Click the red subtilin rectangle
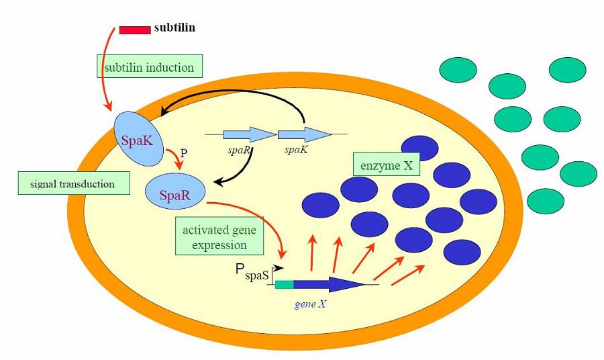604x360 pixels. (135, 30)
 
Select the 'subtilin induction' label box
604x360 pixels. (149, 68)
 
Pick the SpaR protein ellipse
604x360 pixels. (176, 194)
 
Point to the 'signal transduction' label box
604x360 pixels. (73, 183)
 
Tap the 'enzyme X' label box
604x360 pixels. (386, 163)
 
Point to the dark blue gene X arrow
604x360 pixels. (329, 284)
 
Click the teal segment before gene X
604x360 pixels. (285, 284)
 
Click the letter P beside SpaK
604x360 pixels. (183, 152)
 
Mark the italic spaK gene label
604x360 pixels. (296, 150)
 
